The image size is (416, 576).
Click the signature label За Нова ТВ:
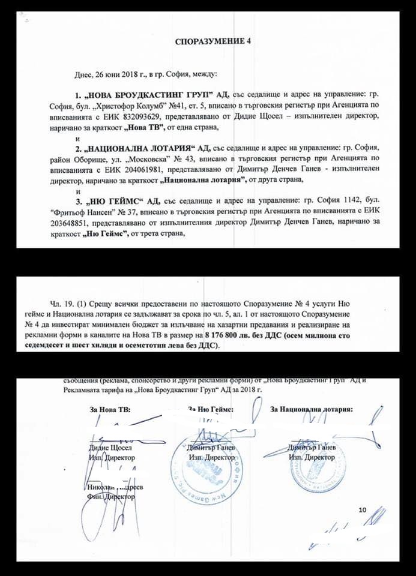[109, 410]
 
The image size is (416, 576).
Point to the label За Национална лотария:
[312, 410]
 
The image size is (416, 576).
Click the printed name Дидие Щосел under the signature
[109, 448]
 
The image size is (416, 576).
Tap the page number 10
[362, 510]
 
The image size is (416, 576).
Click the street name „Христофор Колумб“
[150, 106]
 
